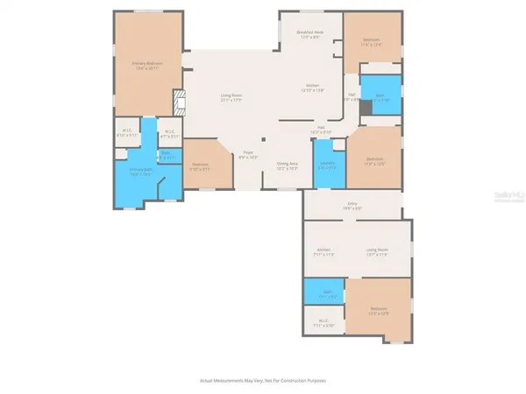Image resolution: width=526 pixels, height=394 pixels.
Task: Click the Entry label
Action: coord(352,204)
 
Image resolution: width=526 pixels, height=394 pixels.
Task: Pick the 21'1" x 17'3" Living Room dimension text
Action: coord(231,101)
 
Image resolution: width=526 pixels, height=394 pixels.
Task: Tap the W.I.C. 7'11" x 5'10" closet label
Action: coord(323,321)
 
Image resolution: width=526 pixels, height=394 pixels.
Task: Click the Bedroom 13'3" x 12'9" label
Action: coord(379,309)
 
